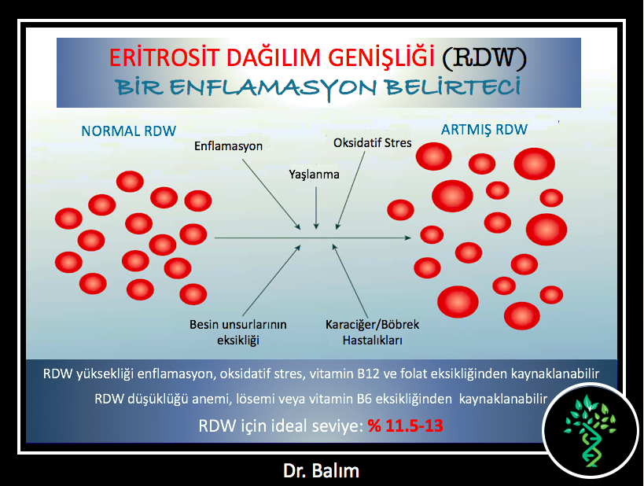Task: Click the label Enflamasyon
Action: tap(228, 146)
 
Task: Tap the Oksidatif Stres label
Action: tap(373, 143)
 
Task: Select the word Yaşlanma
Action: tap(315, 175)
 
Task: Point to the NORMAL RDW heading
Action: tap(128, 131)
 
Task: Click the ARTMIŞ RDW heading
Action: tap(484, 130)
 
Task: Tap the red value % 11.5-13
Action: tap(406, 425)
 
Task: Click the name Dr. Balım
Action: tap(321, 471)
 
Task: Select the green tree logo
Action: tap(591, 430)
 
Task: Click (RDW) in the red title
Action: tap(484, 57)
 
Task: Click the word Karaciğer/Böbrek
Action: tap(373, 325)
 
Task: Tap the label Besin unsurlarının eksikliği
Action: tap(238, 333)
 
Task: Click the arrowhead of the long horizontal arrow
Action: tap(408, 237)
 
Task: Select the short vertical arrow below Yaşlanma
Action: tap(316, 208)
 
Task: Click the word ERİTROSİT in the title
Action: tap(164, 57)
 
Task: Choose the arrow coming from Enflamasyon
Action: tap(271, 194)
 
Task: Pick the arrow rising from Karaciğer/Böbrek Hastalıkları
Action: tap(350, 281)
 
